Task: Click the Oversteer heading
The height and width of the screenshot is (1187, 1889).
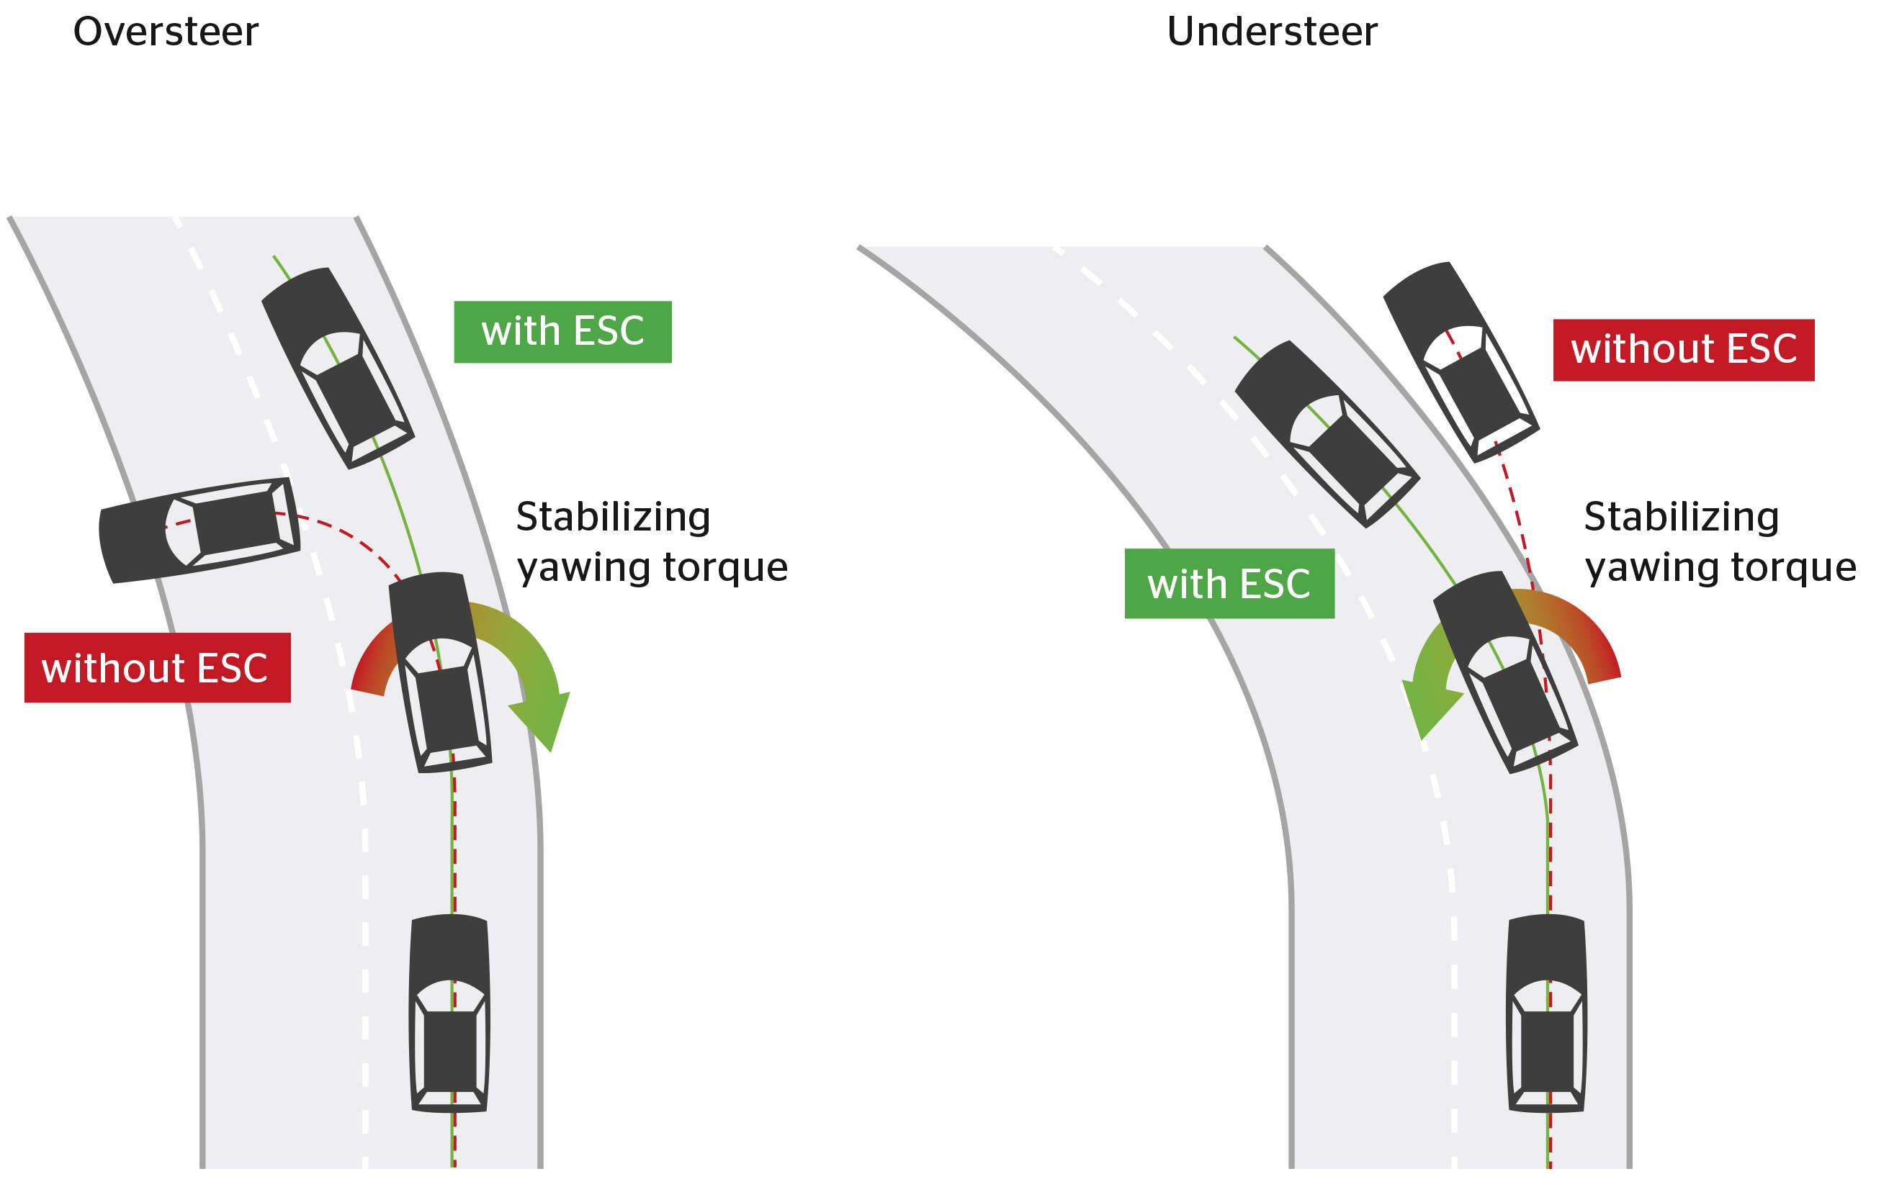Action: tap(166, 32)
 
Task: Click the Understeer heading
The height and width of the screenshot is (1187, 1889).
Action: tap(1272, 32)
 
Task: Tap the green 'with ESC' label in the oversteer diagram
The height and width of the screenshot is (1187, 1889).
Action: tap(562, 332)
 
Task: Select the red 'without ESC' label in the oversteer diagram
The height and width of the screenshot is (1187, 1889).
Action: tap(158, 667)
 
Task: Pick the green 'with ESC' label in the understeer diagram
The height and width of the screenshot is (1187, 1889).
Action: tap(1229, 583)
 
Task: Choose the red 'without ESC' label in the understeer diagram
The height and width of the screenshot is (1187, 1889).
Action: tap(1684, 350)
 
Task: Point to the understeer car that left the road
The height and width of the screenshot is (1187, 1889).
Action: tap(1461, 361)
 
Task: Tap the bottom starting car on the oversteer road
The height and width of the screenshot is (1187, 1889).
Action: tap(449, 1013)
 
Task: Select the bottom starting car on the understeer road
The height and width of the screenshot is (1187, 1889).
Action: tap(1547, 1013)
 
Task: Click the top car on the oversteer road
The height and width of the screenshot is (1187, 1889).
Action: tap(337, 368)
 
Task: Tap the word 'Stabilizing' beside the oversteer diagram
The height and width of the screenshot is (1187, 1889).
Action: tap(614, 518)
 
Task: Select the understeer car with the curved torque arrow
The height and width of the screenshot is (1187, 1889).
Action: tap(1505, 672)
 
